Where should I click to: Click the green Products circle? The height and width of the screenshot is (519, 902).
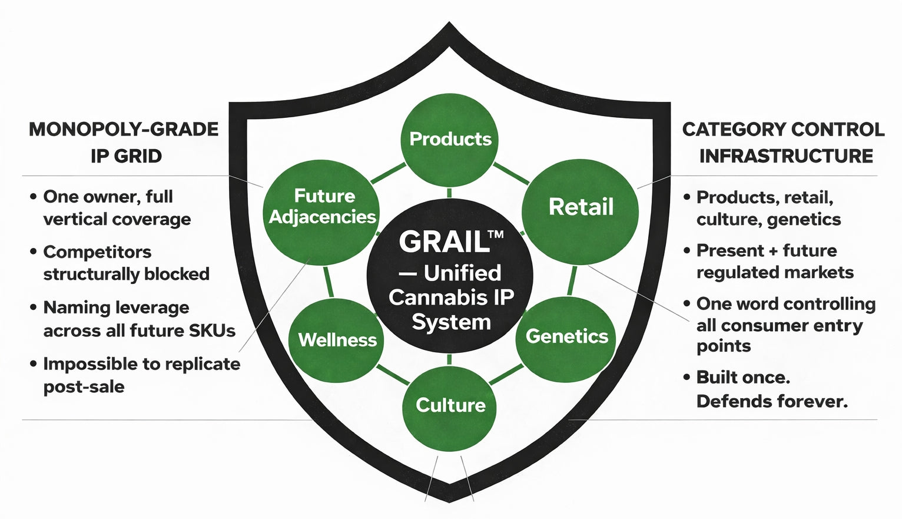click(x=450, y=140)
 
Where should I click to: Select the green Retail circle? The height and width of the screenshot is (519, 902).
click(x=581, y=207)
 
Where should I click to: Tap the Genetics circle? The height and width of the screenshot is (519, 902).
click(x=566, y=336)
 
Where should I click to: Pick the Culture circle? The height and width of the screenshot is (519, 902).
click(x=450, y=405)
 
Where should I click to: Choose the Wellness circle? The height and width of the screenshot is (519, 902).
click(x=337, y=340)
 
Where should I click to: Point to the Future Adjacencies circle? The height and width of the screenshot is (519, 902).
click(x=321, y=207)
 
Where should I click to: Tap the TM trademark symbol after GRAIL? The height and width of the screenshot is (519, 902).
click(x=496, y=234)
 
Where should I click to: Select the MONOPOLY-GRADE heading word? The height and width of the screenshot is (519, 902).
click(x=124, y=129)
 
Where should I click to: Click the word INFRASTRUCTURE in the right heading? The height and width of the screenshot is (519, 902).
click(x=786, y=156)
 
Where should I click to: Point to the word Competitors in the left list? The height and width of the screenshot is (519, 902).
click(x=97, y=252)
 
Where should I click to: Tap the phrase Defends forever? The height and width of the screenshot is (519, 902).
click(x=772, y=402)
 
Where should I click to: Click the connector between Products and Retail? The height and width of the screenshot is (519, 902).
click(x=510, y=173)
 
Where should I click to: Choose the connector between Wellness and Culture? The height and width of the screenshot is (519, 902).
click(x=392, y=375)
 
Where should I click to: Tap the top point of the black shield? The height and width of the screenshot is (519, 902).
click(x=449, y=25)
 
